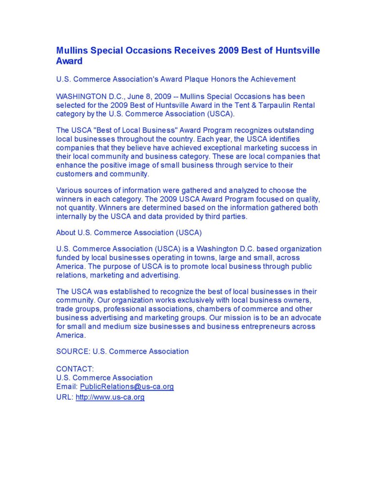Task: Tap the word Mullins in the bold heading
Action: (x=73, y=51)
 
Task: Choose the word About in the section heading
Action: (x=66, y=233)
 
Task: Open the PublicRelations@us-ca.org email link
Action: (x=127, y=387)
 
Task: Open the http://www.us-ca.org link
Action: (x=110, y=397)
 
